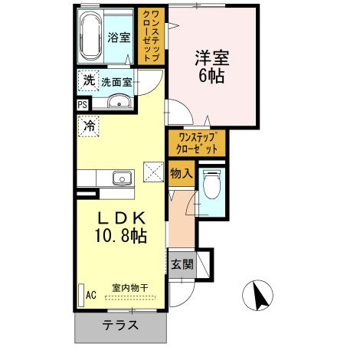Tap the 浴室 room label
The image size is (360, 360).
pyautogui.click(x=118, y=36)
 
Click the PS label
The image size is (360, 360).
pyautogui.click(x=81, y=106)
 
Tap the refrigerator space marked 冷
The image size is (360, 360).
pyautogui.click(x=90, y=126)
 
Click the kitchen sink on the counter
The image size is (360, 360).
pyautogui.click(x=122, y=178)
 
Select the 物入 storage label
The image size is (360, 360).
pyautogui.click(x=181, y=175)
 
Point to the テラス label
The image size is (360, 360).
pyautogui.click(x=121, y=325)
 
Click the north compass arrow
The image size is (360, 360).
pyautogui.click(x=258, y=294)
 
